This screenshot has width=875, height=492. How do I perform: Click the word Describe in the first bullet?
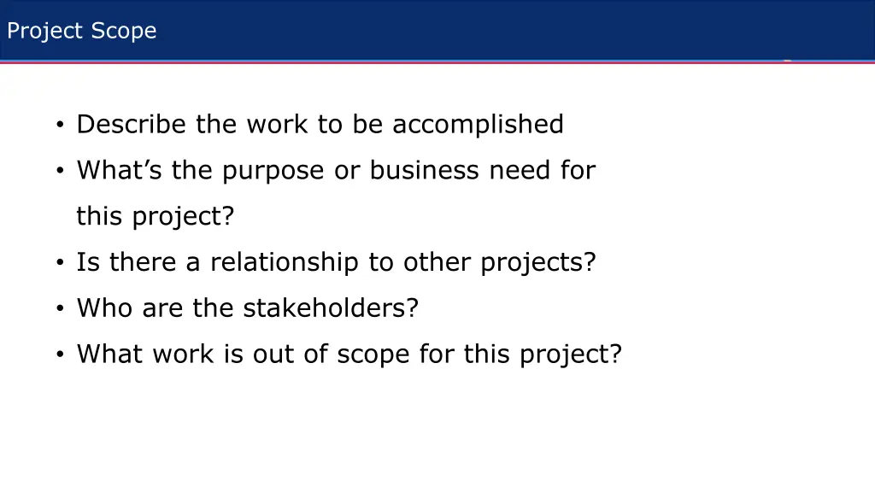(x=132, y=125)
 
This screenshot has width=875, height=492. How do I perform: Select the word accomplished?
(x=478, y=125)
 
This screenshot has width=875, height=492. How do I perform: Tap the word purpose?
(x=273, y=171)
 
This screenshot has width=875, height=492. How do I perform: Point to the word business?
(x=425, y=171)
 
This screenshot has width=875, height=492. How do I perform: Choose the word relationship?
(x=285, y=262)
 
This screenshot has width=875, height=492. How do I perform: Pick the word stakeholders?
(x=331, y=307)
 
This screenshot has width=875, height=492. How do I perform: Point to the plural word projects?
(x=537, y=262)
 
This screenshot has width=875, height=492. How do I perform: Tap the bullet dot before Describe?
(x=61, y=126)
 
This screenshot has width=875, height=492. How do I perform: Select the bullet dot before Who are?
(x=61, y=308)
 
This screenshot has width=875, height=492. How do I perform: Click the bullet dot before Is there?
(x=61, y=263)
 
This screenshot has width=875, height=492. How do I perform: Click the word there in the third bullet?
(x=144, y=262)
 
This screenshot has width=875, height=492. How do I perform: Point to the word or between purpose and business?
(x=347, y=171)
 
